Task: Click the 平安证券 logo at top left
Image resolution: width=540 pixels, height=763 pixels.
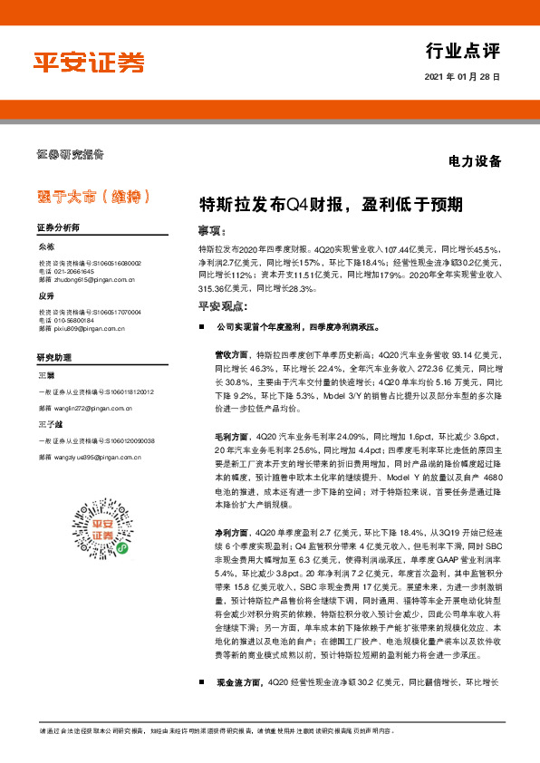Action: (x=89, y=63)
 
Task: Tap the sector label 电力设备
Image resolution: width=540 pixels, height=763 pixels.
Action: (x=475, y=162)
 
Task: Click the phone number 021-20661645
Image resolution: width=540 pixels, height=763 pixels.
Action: (x=74, y=269)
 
